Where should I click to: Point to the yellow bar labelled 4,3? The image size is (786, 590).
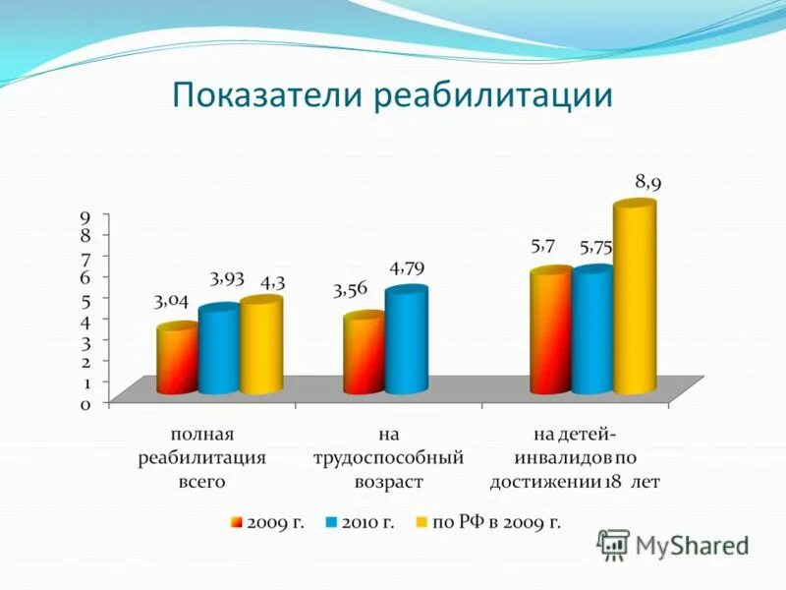260,345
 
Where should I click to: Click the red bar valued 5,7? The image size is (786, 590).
550,330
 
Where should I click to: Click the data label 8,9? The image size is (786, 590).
647,182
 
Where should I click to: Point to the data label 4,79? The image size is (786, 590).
407,267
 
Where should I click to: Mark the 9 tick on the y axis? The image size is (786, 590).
86,217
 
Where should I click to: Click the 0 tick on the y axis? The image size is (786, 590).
86,403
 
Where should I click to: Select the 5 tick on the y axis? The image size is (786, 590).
86,300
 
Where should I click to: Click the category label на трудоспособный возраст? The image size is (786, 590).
388,457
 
